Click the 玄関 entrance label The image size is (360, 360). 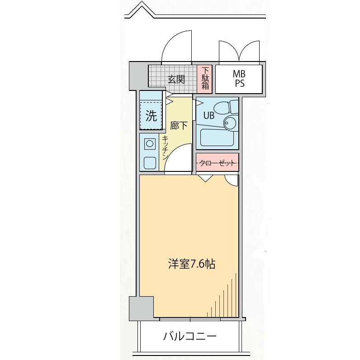point(176,80)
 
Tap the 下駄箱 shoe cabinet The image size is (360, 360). point(204,79)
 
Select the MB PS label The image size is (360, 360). point(239,79)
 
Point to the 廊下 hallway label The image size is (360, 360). point(179,125)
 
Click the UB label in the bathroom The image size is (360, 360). point(209,115)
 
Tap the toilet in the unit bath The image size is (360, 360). point(226,107)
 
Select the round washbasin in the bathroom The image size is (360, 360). point(230,123)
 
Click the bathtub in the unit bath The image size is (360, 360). point(217,137)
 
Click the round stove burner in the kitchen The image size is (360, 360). point(150,144)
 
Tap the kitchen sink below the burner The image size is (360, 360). point(150,163)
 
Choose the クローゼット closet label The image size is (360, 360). point(217,163)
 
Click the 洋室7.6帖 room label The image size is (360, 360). point(192,264)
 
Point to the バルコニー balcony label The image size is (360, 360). point(190,336)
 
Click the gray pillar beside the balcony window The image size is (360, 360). point(141,308)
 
